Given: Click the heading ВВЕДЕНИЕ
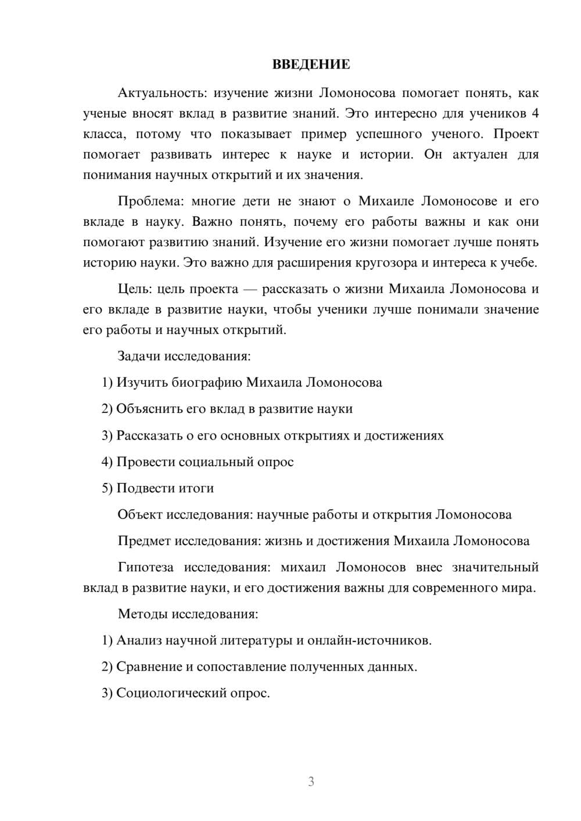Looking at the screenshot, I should coord(311,64).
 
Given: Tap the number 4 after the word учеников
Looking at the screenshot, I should coord(535,113).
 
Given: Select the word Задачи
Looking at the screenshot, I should coord(139,356).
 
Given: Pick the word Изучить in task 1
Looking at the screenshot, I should coord(142,382).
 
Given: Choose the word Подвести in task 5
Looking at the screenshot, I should coord(143,488).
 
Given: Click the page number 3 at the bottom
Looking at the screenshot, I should coord(311,782).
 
